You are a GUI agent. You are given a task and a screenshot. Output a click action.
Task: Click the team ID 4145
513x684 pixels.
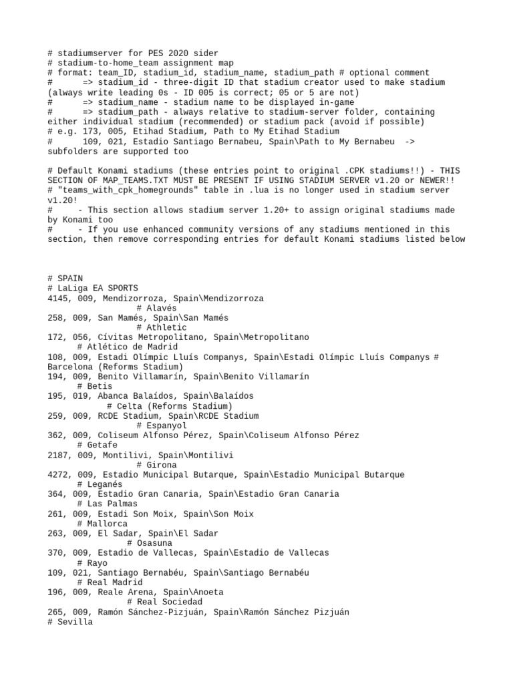coord(58,298)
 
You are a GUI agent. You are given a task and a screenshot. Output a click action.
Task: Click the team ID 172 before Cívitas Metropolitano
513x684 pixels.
coord(55,338)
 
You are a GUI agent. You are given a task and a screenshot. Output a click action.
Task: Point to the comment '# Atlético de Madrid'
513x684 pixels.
coord(127,347)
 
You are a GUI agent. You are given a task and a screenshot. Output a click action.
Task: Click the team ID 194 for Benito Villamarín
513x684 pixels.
coord(55,377)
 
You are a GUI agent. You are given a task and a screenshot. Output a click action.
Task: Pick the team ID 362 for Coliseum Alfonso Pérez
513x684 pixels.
coord(55,436)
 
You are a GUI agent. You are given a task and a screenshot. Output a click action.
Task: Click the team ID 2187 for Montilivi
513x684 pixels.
coord(58,455)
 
